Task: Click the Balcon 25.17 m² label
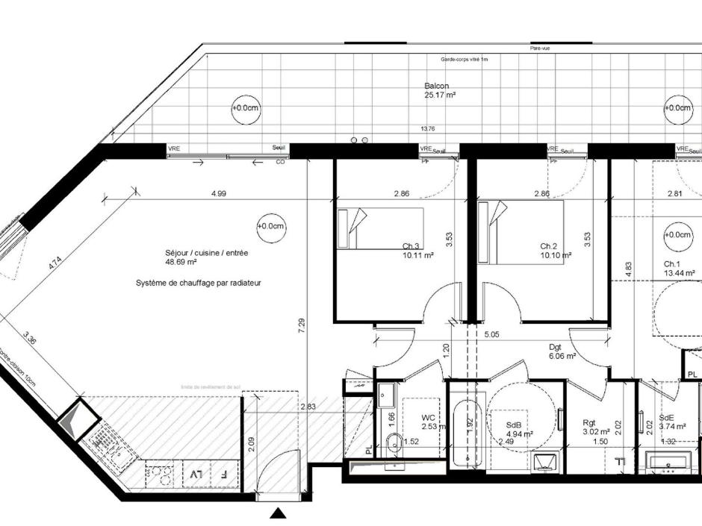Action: (440, 91)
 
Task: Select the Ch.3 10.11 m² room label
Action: (418, 250)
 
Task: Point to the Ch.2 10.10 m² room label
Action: (556, 250)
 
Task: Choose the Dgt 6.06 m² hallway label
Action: (560, 351)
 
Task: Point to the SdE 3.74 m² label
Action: (674, 422)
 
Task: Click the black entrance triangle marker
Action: (279, 513)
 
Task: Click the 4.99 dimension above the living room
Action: (219, 194)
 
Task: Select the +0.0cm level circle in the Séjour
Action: (270, 226)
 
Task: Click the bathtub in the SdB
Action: (468, 432)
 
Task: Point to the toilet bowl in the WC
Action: (394, 440)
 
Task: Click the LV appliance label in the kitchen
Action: (196, 474)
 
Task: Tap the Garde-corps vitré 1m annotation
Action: (464, 59)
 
